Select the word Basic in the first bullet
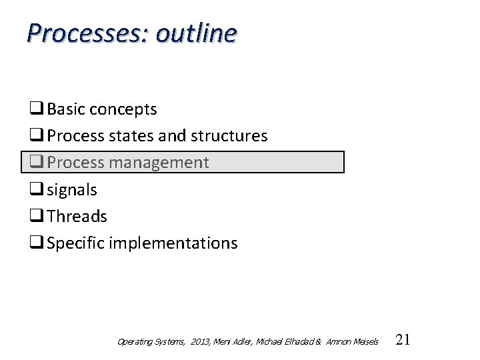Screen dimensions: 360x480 click(65, 109)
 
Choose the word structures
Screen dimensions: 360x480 click(229, 136)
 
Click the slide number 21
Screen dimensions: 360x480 click(403, 340)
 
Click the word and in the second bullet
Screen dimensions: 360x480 click(172, 136)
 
